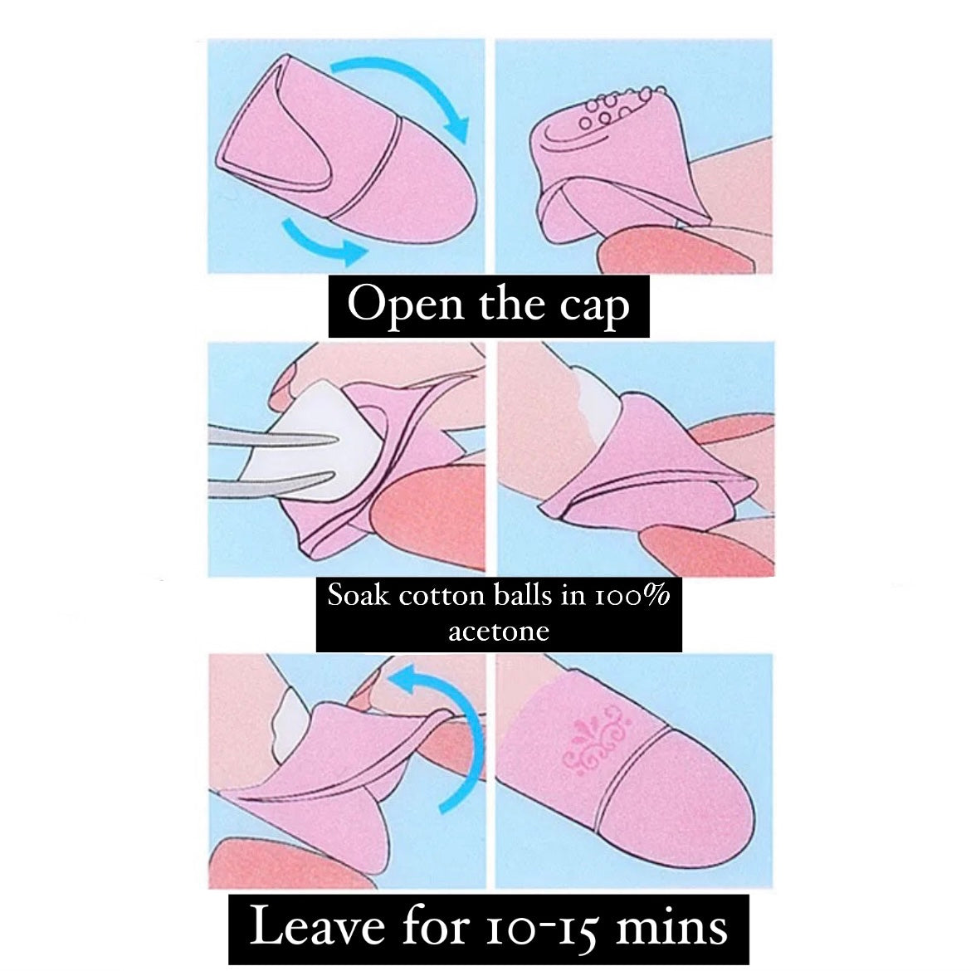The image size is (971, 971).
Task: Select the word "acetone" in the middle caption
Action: point(499,632)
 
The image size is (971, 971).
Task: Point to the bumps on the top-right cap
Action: point(619,109)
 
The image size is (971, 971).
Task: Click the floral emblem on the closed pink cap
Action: point(597,739)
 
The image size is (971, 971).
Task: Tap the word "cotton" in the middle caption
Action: point(441,597)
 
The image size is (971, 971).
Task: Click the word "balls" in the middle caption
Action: point(524,596)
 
